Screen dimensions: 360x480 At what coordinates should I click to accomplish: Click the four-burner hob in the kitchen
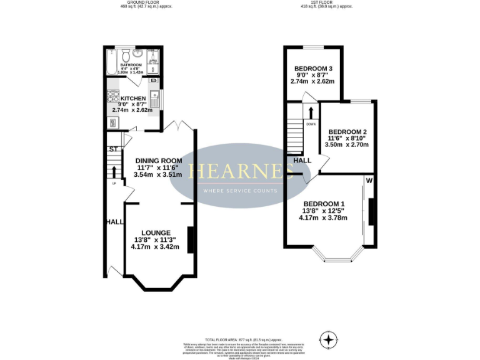click(x=114, y=96)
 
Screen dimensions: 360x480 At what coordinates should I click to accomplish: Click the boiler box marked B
click(x=154, y=81)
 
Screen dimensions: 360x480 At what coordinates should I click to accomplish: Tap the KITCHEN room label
click(x=133, y=99)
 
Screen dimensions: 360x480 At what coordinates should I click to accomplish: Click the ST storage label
click(x=113, y=149)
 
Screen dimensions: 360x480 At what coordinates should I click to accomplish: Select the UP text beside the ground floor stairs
click(x=112, y=184)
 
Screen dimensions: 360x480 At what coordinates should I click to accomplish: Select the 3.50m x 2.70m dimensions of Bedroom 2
click(x=346, y=144)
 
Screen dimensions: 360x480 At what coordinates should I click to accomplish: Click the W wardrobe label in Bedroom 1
click(x=369, y=182)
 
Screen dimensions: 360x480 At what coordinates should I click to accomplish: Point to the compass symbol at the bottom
click(x=327, y=341)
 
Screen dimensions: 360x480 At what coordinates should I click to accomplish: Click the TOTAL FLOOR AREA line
click(x=239, y=337)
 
